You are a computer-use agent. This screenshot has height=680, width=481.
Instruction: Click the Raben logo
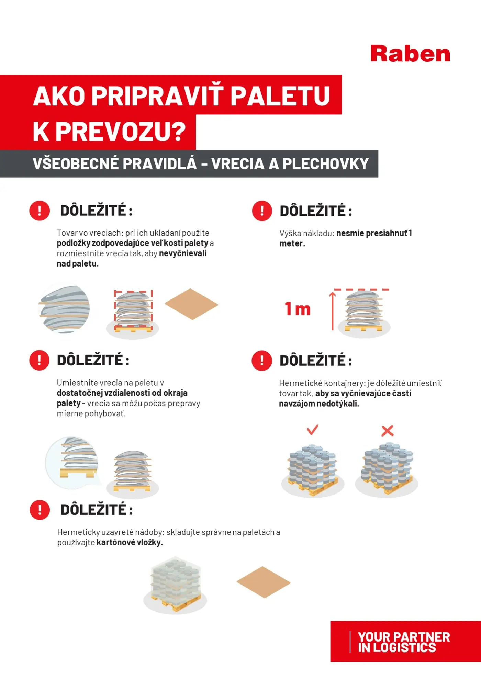[410, 54]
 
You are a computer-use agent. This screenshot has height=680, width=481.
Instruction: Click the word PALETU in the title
[280, 96]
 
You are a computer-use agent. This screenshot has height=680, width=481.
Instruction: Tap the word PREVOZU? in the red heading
[121, 131]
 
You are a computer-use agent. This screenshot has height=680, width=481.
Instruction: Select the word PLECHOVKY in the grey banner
[325, 164]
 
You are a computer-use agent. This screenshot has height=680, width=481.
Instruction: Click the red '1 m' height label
[298, 309]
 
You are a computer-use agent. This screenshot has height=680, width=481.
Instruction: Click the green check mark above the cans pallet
[312, 429]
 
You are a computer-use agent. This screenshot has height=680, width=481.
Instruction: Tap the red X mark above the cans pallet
[387, 430]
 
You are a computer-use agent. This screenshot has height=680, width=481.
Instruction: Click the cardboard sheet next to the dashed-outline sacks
[191, 304]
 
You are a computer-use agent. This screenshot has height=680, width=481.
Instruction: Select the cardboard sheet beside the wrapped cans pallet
[264, 582]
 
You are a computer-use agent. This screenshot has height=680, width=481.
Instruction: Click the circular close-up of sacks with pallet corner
[72, 462]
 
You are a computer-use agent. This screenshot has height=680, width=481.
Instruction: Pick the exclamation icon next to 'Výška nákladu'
[262, 211]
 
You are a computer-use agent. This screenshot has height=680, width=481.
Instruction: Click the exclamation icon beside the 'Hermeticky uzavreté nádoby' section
[40, 510]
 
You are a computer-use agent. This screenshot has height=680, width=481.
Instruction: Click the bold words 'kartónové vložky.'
[130, 542]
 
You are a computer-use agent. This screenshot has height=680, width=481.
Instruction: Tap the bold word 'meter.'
[292, 243]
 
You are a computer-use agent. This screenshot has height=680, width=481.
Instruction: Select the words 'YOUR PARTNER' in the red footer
[404, 637]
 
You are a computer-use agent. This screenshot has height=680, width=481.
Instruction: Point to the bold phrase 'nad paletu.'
[78, 264]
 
